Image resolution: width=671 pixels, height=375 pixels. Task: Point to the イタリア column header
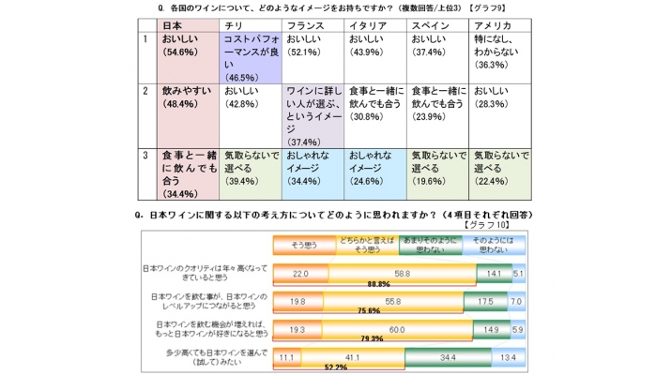click(x=367, y=25)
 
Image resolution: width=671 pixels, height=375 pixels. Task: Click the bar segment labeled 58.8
click(x=401, y=273)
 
